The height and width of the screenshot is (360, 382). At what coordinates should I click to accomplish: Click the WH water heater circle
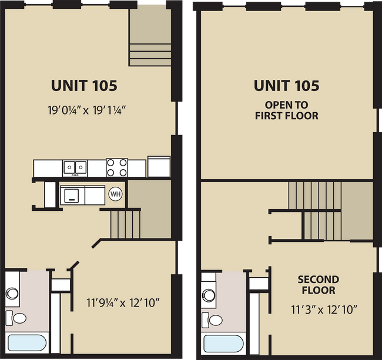[115, 194]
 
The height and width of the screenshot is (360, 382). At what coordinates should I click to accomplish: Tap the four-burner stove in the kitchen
[116, 167]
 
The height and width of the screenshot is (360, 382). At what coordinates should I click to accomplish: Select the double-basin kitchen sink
[75, 168]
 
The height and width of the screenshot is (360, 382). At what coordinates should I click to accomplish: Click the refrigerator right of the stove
[159, 166]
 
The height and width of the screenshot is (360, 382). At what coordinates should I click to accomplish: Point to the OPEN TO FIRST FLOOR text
[286, 110]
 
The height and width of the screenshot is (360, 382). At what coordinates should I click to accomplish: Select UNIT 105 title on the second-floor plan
[286, 86]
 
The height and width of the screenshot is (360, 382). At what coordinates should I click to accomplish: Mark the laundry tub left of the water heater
[72, 194]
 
